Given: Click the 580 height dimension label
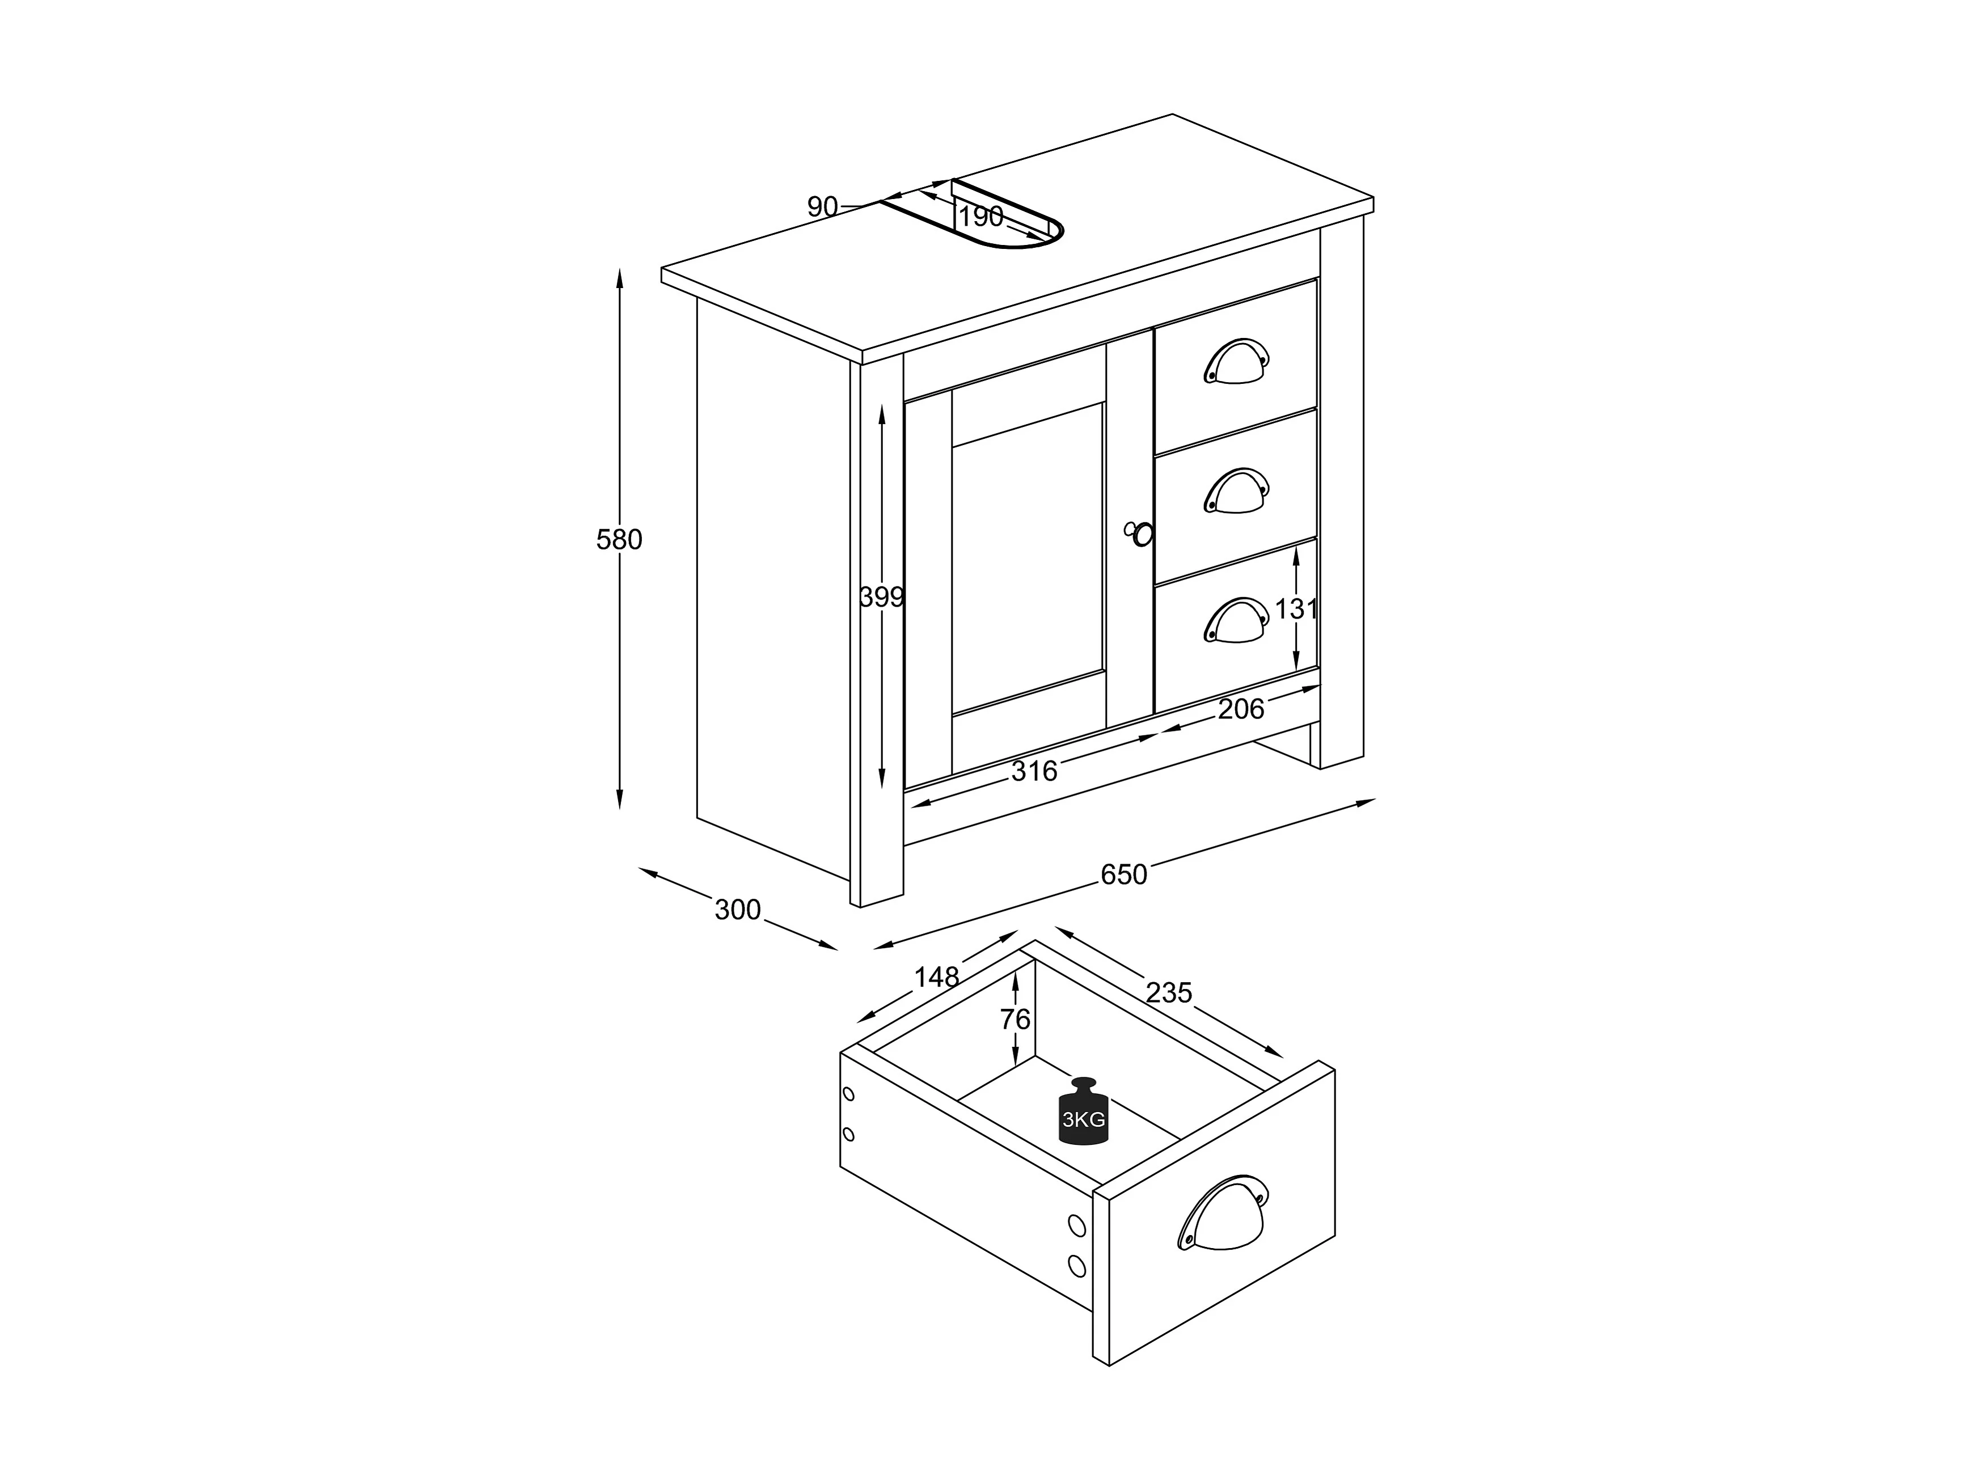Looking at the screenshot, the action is coord(619,540).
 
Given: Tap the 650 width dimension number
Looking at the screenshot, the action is coord(1123,874).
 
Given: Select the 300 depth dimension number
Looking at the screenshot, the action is coord(737,910).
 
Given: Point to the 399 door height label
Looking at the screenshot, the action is coord(882,597).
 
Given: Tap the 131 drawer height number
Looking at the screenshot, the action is coord(1296,610).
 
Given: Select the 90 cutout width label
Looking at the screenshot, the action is coord(822,207).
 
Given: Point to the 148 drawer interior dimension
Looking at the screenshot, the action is coord(936,977).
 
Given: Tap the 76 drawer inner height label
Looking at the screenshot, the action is coord(1016,1019).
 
